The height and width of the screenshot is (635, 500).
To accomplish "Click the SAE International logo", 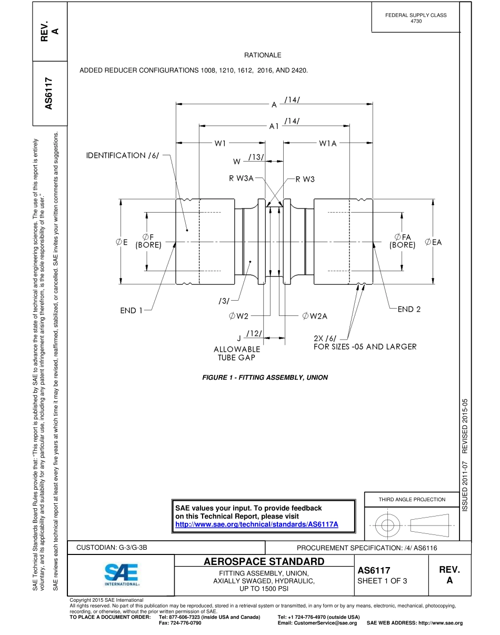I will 121,575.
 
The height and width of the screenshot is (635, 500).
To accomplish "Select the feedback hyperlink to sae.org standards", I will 256,524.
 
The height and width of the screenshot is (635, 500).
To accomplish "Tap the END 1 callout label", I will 131,311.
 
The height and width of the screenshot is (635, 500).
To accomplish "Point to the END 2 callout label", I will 409,310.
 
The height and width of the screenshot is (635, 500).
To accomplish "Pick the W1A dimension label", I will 328,143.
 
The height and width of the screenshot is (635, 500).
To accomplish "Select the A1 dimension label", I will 274,126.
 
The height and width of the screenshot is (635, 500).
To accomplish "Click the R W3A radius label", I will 241,178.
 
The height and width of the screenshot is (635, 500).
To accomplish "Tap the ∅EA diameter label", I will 433,242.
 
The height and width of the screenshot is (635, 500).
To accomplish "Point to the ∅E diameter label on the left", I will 122,242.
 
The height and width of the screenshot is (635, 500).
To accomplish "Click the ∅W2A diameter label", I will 315,316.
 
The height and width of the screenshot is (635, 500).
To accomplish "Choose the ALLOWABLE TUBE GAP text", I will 237,353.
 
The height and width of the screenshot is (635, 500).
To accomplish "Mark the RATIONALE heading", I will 263,55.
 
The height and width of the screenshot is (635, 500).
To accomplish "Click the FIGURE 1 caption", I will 265,378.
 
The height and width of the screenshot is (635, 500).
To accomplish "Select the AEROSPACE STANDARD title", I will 264,561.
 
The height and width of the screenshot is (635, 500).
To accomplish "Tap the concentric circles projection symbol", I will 387,525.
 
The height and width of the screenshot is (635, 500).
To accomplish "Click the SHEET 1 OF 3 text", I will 382,581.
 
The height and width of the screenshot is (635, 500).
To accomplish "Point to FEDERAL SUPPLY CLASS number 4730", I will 416,21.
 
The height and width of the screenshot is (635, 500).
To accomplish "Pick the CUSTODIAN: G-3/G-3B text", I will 112,548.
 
